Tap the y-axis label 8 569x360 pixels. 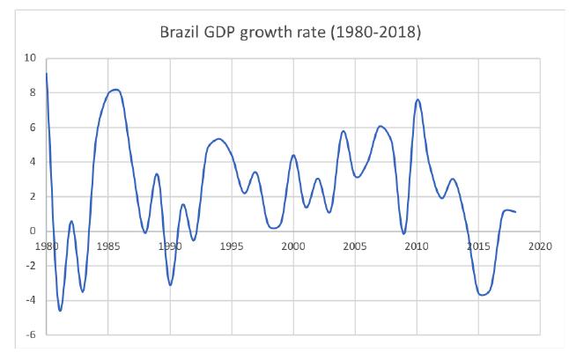point(33,92)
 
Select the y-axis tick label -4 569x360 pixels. point(31,300)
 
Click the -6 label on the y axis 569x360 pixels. point(31,334)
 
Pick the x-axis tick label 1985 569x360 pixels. point(107,246)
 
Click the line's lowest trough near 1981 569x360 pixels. point(60,310)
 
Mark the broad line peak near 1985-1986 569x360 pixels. point(115,90)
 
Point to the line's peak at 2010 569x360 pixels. point(418,99)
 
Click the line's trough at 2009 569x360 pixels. point(404,234)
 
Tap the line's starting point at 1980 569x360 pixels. point(46,73)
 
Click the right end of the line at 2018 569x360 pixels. point(515,212)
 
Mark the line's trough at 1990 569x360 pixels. point(170,284)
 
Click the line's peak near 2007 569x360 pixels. point(380,126)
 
